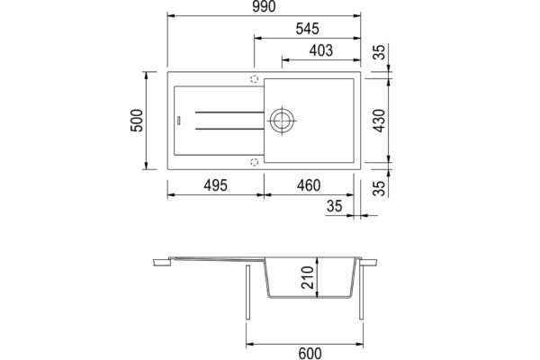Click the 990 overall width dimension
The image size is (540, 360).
click(263, 8)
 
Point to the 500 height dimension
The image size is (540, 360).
click(137, 121)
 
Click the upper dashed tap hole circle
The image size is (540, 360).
click(254, 78)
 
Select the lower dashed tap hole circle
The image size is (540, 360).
click(254, 162)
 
